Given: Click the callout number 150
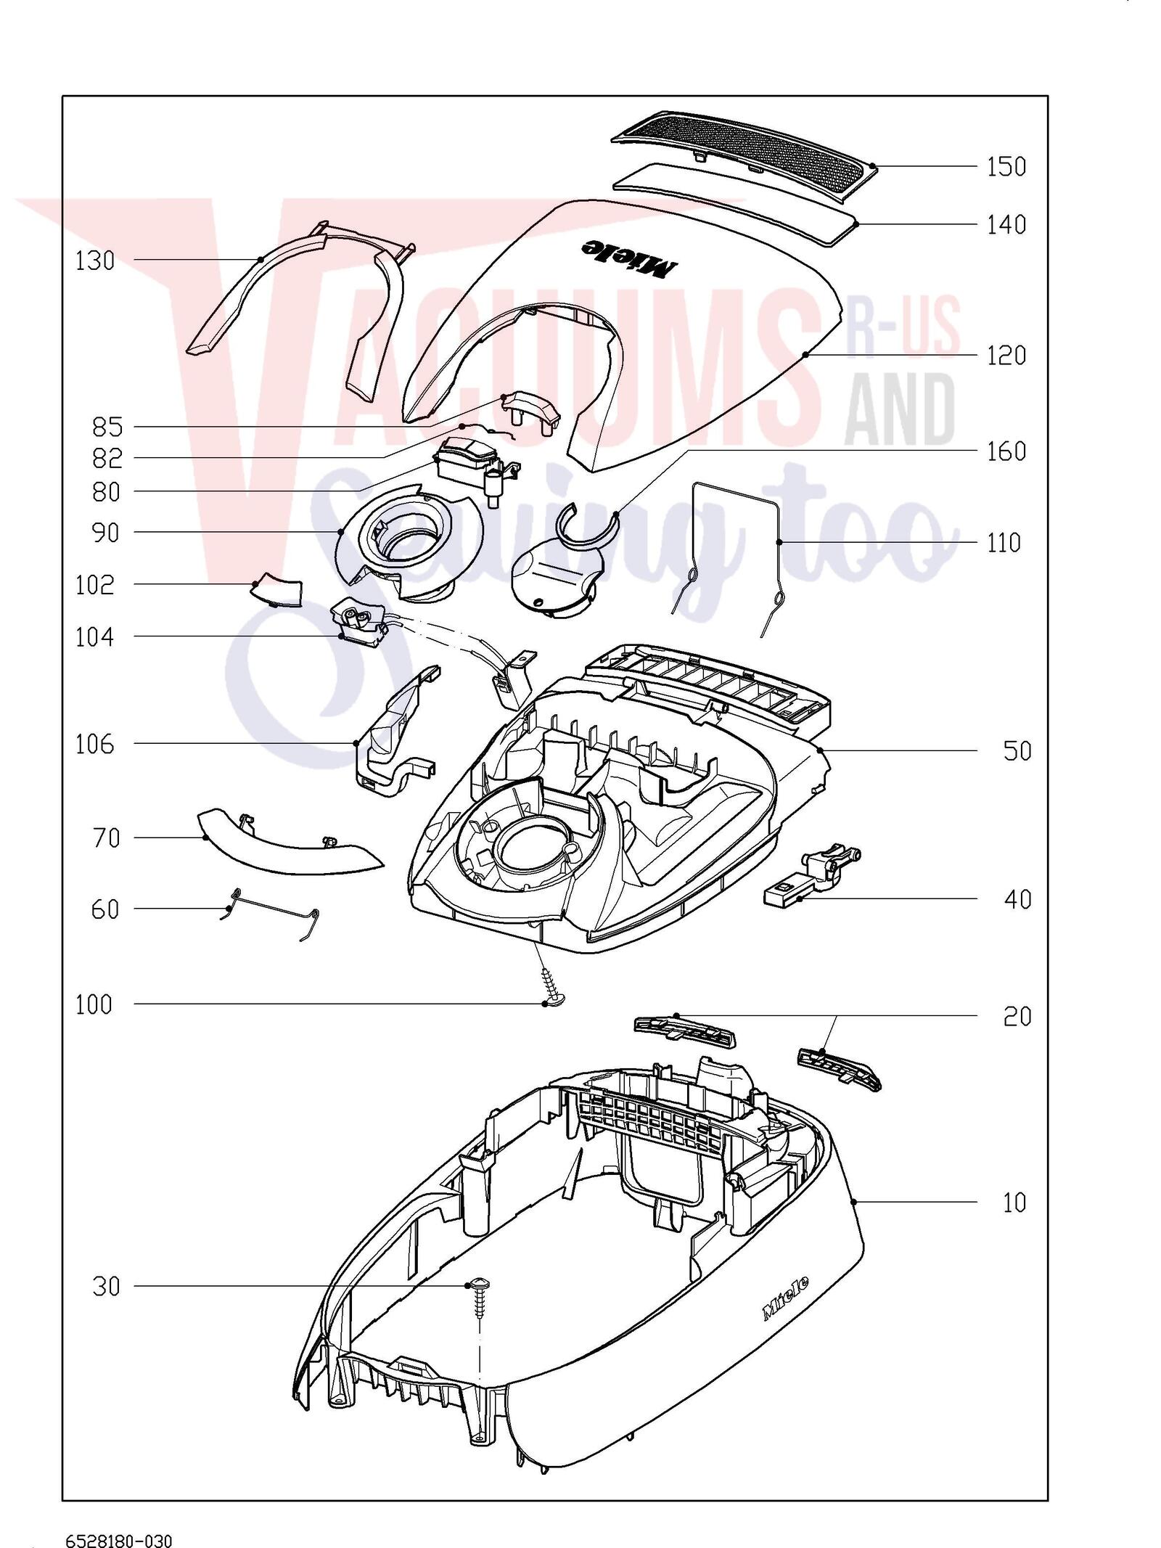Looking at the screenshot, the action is [x=1006, y=167].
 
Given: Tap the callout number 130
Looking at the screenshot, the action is [x=95, y=261].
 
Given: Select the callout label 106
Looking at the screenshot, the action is [x=95, y=744].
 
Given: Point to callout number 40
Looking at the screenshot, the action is [x=1017, y=899].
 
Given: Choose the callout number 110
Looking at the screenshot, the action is [x=1004, y=543].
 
